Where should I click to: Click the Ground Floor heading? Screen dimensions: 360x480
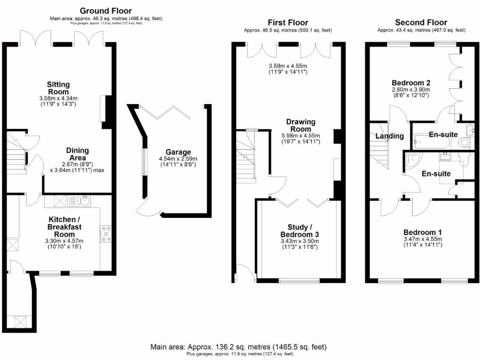[x=105, y=10]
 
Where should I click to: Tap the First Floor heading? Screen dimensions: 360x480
[x=287, y=22]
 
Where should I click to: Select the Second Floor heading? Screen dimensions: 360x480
[x=421, y=22]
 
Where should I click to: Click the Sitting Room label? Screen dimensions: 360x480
[x=58, y=88]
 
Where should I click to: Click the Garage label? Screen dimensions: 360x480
[x=178, y=152]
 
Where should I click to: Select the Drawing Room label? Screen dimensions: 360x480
[x=300, y=126]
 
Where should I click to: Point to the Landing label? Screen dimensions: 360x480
[x=390, y=136]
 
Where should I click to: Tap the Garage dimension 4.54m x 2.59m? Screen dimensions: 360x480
[x=178, y=159]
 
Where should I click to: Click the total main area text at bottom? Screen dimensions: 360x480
[x=239, y=347]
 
